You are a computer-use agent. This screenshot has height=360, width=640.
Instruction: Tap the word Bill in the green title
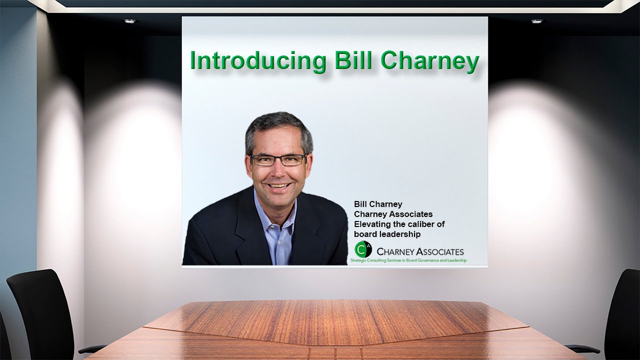click(x=351, y=60)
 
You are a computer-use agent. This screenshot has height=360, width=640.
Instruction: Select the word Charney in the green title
click(x=429, y=60)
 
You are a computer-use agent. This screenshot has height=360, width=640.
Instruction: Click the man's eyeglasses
click(x=278, y=160)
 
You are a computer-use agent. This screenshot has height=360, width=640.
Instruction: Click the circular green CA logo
click(x=362, y=249)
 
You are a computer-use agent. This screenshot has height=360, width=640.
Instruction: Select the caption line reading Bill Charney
click(x=378, y=204)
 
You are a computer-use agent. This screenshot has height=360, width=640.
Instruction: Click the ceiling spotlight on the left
click(x=129, y=21)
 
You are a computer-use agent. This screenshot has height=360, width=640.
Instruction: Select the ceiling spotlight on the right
click(x=536, y=21)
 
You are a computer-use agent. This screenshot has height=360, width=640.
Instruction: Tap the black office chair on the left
click(x=42, y=310)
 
